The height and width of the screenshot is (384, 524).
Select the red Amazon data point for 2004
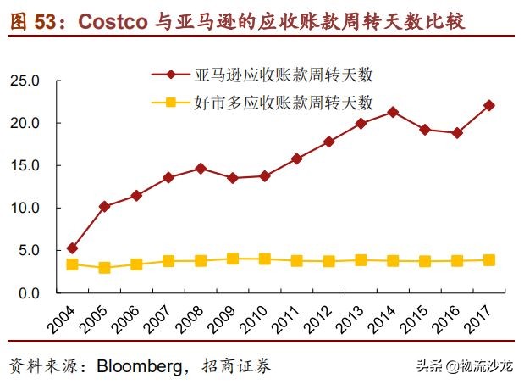pos(73,248)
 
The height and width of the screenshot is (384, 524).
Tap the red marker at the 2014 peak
pos(393,112)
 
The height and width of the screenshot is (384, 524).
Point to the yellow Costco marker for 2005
pos(104,268)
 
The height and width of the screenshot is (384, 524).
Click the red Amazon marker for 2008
pos(201,169)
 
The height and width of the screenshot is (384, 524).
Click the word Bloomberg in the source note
pos(141,365)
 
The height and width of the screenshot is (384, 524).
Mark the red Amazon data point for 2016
pos(457,133)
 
